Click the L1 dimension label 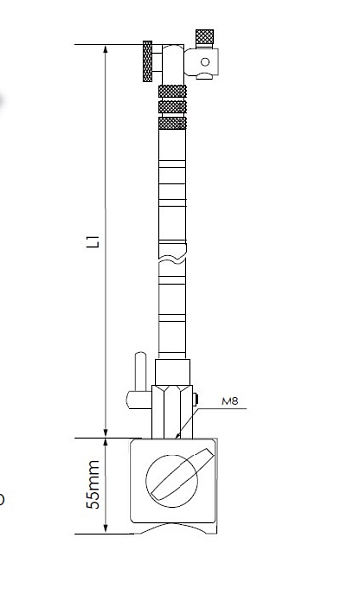[x=93, y=241]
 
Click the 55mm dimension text [x=93, y=485]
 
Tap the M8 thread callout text [x=230, y=402]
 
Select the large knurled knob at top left [x=147, y=62]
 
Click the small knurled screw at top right [x=205, y=38]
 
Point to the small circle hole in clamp [x=205, y=62]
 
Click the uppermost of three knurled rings [x=173, y=91]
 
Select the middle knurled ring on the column [x=173, y=107]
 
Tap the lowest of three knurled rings [x=173, y=123]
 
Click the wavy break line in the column [x=173, y=259]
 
